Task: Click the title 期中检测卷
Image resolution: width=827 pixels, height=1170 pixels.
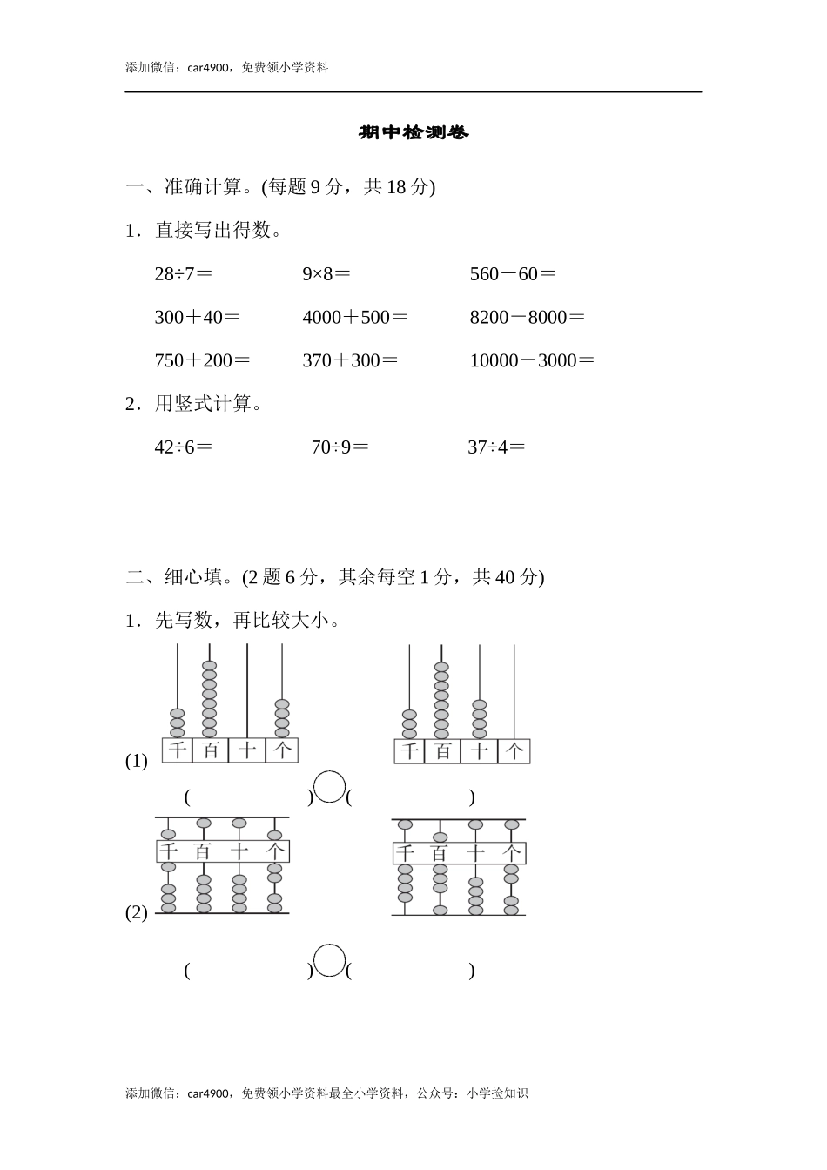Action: click(x=413, y=133)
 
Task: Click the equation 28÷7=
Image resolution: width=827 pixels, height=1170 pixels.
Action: click(x=183, y=274)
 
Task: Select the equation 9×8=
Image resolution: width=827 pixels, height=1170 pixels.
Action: click(x=326, y=274)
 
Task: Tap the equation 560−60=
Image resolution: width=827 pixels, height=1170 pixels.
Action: click(x=512, y=274)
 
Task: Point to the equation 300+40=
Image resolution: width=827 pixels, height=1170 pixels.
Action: click(x=197, y=318)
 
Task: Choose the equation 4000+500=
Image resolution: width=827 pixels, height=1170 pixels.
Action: click(x=354, y=318)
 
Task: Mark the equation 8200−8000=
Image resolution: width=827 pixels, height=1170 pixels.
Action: click(x=527, y=318)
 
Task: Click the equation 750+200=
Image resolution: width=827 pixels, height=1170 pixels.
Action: click(x=202, y=360)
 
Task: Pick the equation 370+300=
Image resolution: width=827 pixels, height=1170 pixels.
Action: click(x=349, y=360)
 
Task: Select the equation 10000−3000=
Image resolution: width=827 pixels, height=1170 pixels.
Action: click(x=532, y=360)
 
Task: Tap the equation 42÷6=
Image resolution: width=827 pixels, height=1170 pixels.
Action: click(x=183, y=447)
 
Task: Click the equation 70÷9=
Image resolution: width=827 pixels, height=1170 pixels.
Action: click(x=340, y=447)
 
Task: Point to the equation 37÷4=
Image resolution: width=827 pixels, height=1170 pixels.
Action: click(x=496, y=447)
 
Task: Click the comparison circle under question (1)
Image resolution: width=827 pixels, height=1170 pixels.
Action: click(x=329, y=787)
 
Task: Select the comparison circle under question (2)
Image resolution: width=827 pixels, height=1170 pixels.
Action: click(x=329, y=961)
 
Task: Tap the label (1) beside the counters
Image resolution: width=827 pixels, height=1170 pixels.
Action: click(x=137, y=761)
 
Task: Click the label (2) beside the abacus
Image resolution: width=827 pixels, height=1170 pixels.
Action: click(x=137, y=913)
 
